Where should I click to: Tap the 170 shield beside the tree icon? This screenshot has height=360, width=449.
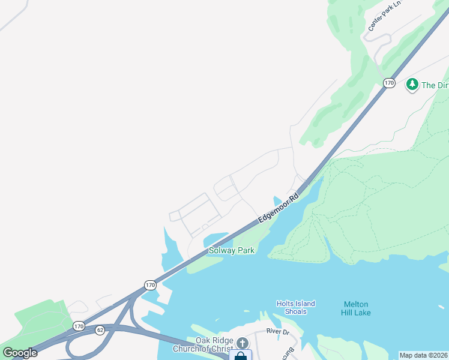pos(389,83)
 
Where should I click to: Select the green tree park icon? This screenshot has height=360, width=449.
pos(412,85)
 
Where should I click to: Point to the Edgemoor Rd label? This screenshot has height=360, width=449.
pos(279,208)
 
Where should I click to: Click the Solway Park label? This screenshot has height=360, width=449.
pos(232,250)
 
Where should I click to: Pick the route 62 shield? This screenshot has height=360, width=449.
pos(99,329)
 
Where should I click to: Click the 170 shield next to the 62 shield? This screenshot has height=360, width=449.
pos(79,326)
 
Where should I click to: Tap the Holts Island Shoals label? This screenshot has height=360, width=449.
pos(295,307)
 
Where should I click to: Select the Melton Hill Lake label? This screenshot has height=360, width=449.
pos(357,308)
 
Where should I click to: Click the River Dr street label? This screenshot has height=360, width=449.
pos(279,332)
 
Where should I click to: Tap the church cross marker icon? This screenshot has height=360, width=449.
pos(242,343)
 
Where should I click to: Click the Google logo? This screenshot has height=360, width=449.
pos(20,353)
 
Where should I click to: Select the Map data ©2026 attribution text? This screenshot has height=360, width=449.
pos(423,355)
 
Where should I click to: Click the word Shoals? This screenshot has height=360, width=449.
pos(296,311)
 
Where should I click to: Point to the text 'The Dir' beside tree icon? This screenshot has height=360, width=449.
pos(435,85)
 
